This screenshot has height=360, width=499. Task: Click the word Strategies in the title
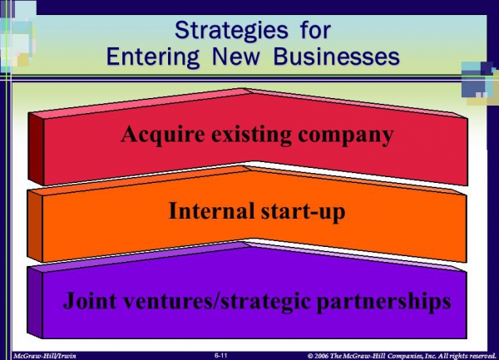[x=231, y=31]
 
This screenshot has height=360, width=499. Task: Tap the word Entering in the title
[x=153, y=57]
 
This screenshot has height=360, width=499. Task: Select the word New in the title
[x=236, y=57]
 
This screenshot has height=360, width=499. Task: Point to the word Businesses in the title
[x=336, y=57]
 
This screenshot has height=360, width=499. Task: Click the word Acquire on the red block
[x=163, y=136]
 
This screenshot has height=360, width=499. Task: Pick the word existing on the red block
[x=251, y=136]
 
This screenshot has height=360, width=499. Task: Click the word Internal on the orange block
[x=211, y=210]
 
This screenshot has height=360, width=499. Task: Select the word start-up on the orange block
[x=303, y=212]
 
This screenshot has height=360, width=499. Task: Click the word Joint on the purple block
[x=90, y=300]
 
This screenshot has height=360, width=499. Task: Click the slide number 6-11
[x=221, y=355]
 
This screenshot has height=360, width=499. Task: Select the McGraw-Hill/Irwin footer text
[x=45, y=356]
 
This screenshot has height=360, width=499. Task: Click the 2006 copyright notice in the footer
[x=402, y=356]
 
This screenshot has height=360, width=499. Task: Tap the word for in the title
[x=315, y=31]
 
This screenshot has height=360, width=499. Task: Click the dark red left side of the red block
[x=36, y=148]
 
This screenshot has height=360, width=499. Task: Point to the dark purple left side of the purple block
[x=35, y=303]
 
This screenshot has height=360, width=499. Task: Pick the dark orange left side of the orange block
[x=35, y=226]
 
